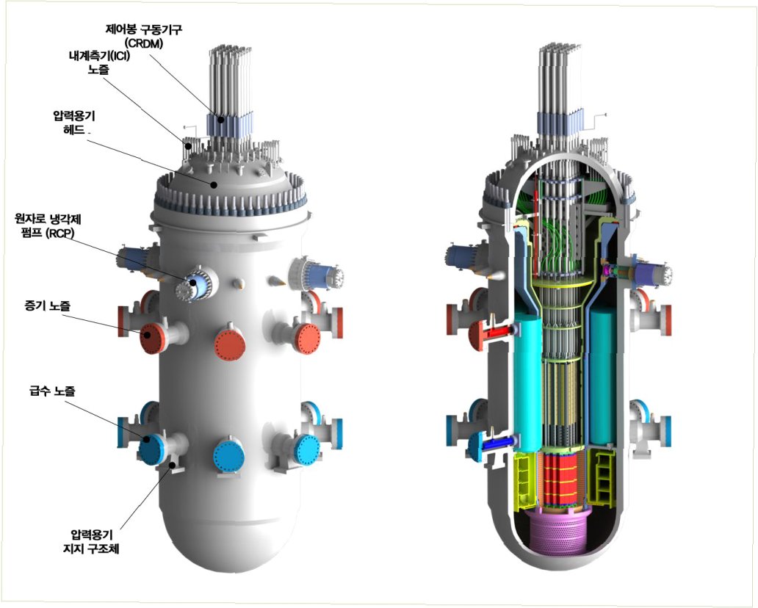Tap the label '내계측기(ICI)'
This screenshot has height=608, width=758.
[x=97, y=56]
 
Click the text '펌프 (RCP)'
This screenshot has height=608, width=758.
[x=49, y=233]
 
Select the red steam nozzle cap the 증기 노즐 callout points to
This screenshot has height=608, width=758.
[x=152, y=338]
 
